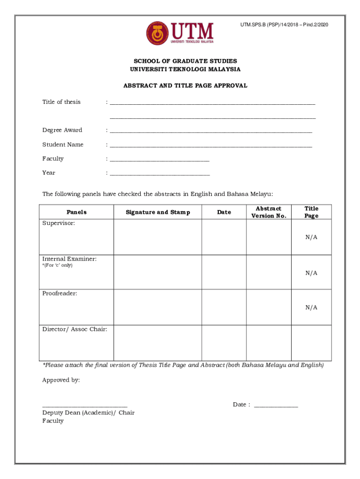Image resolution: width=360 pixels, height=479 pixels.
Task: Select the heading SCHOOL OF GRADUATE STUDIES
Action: click(x=185, y=61)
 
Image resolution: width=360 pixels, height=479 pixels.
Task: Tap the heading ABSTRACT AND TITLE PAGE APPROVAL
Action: click(x=185, y=86)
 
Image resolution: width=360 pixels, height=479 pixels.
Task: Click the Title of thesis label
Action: click(x=61, y=102)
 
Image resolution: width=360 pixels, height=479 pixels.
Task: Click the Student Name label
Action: click(x=63, y=145)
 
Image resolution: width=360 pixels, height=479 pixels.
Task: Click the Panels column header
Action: click(x=76, y=212)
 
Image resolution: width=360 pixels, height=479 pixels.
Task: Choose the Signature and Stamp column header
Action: click(x=158, y=212)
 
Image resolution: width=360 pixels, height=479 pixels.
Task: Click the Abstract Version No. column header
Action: click(x=268, y=212)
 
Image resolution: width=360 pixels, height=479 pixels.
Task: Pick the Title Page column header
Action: click(x=311, y=212)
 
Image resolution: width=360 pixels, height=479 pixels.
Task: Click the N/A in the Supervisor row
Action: click(x=311, y=237)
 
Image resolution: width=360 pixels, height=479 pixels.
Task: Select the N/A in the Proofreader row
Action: click(x=311, y=307)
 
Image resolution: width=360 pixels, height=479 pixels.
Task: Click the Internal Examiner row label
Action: click(x=70, y=259)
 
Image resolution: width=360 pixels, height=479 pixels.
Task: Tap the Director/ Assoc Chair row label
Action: click(x=75, y=329)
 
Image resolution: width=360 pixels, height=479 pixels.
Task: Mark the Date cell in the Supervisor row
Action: click(x=224, y=237)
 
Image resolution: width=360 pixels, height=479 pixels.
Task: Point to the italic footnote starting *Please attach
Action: click(x=183, y=365)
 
